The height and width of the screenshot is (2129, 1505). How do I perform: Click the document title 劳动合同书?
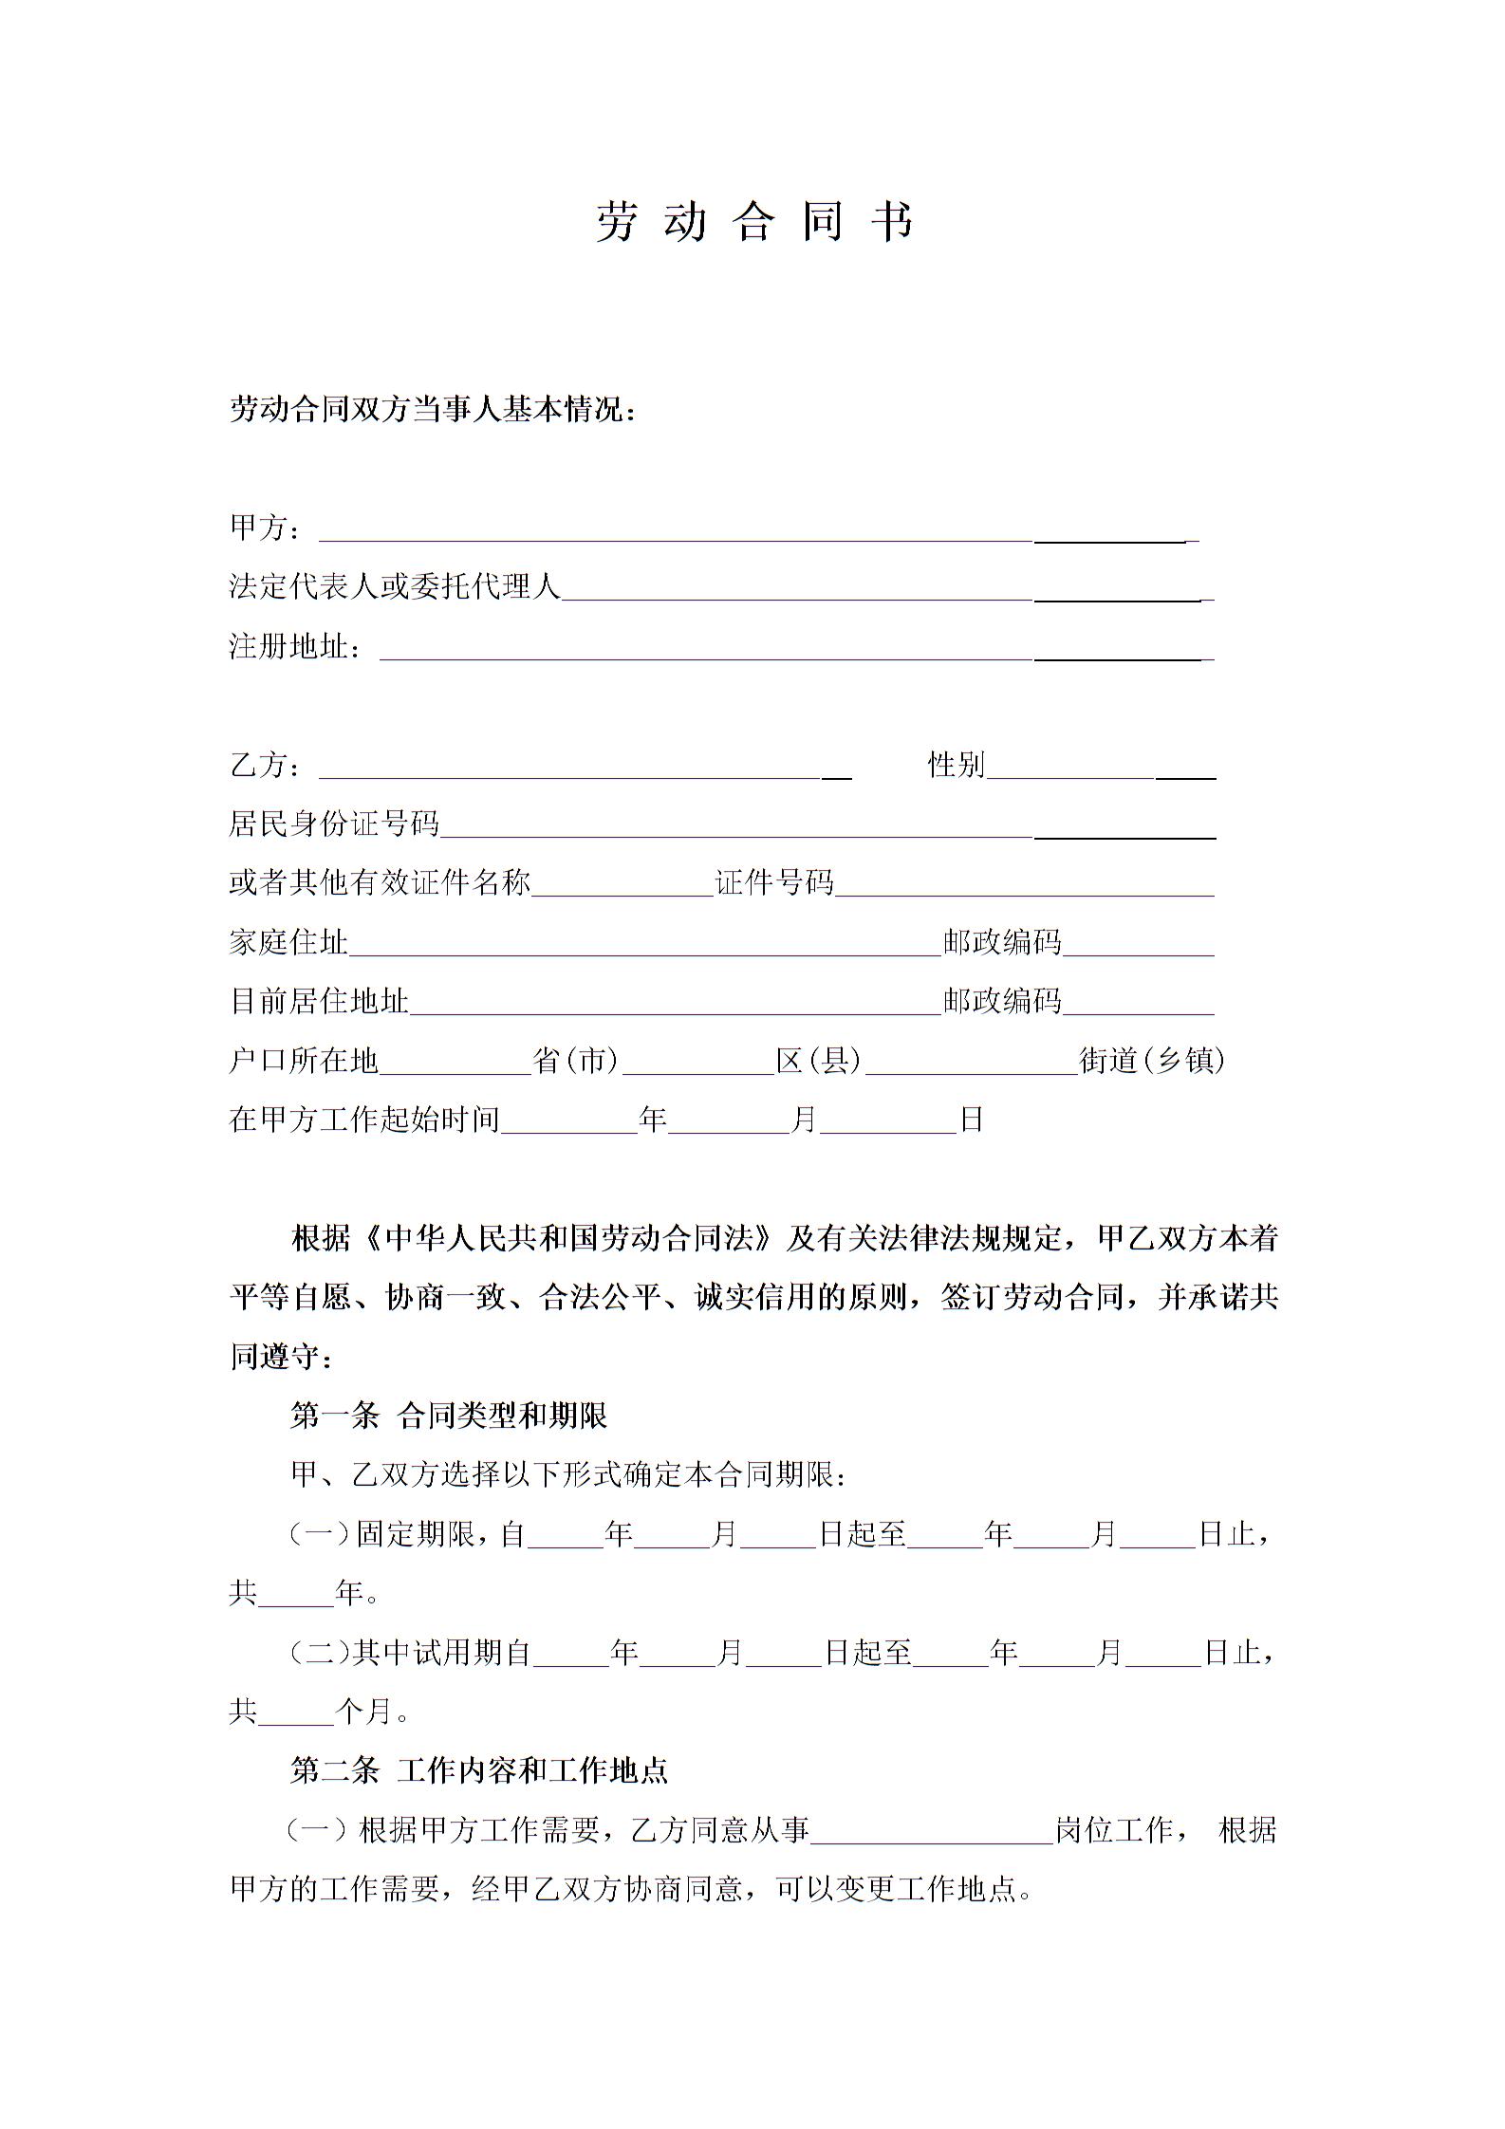(753, 222)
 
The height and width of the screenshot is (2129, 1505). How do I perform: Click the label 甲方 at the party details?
(260, 528)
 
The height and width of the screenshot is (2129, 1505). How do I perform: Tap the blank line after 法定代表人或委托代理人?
(886, 588)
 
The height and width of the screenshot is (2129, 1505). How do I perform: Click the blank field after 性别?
(1101, 767)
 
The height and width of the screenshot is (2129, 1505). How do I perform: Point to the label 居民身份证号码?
(334, 824)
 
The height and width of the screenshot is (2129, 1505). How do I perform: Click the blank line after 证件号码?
(1025, 884)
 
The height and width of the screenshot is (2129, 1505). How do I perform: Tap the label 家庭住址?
(288, 942)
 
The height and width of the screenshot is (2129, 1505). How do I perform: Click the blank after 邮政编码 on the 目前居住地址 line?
(1139, 1002)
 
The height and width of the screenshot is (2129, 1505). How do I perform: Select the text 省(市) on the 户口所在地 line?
(576, 1061)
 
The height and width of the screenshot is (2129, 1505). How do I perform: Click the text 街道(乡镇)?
(1152, 1061)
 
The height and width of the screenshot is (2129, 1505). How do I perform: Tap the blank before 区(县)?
(698, 1063)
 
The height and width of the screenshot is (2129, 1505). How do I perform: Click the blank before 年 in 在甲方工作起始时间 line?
(569, 1121)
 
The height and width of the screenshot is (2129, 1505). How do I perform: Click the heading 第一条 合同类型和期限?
(448, 1416)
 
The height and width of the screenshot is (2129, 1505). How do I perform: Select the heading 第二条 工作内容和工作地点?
(478, 1770)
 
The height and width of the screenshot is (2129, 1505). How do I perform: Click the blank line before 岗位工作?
(932, 1831)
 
